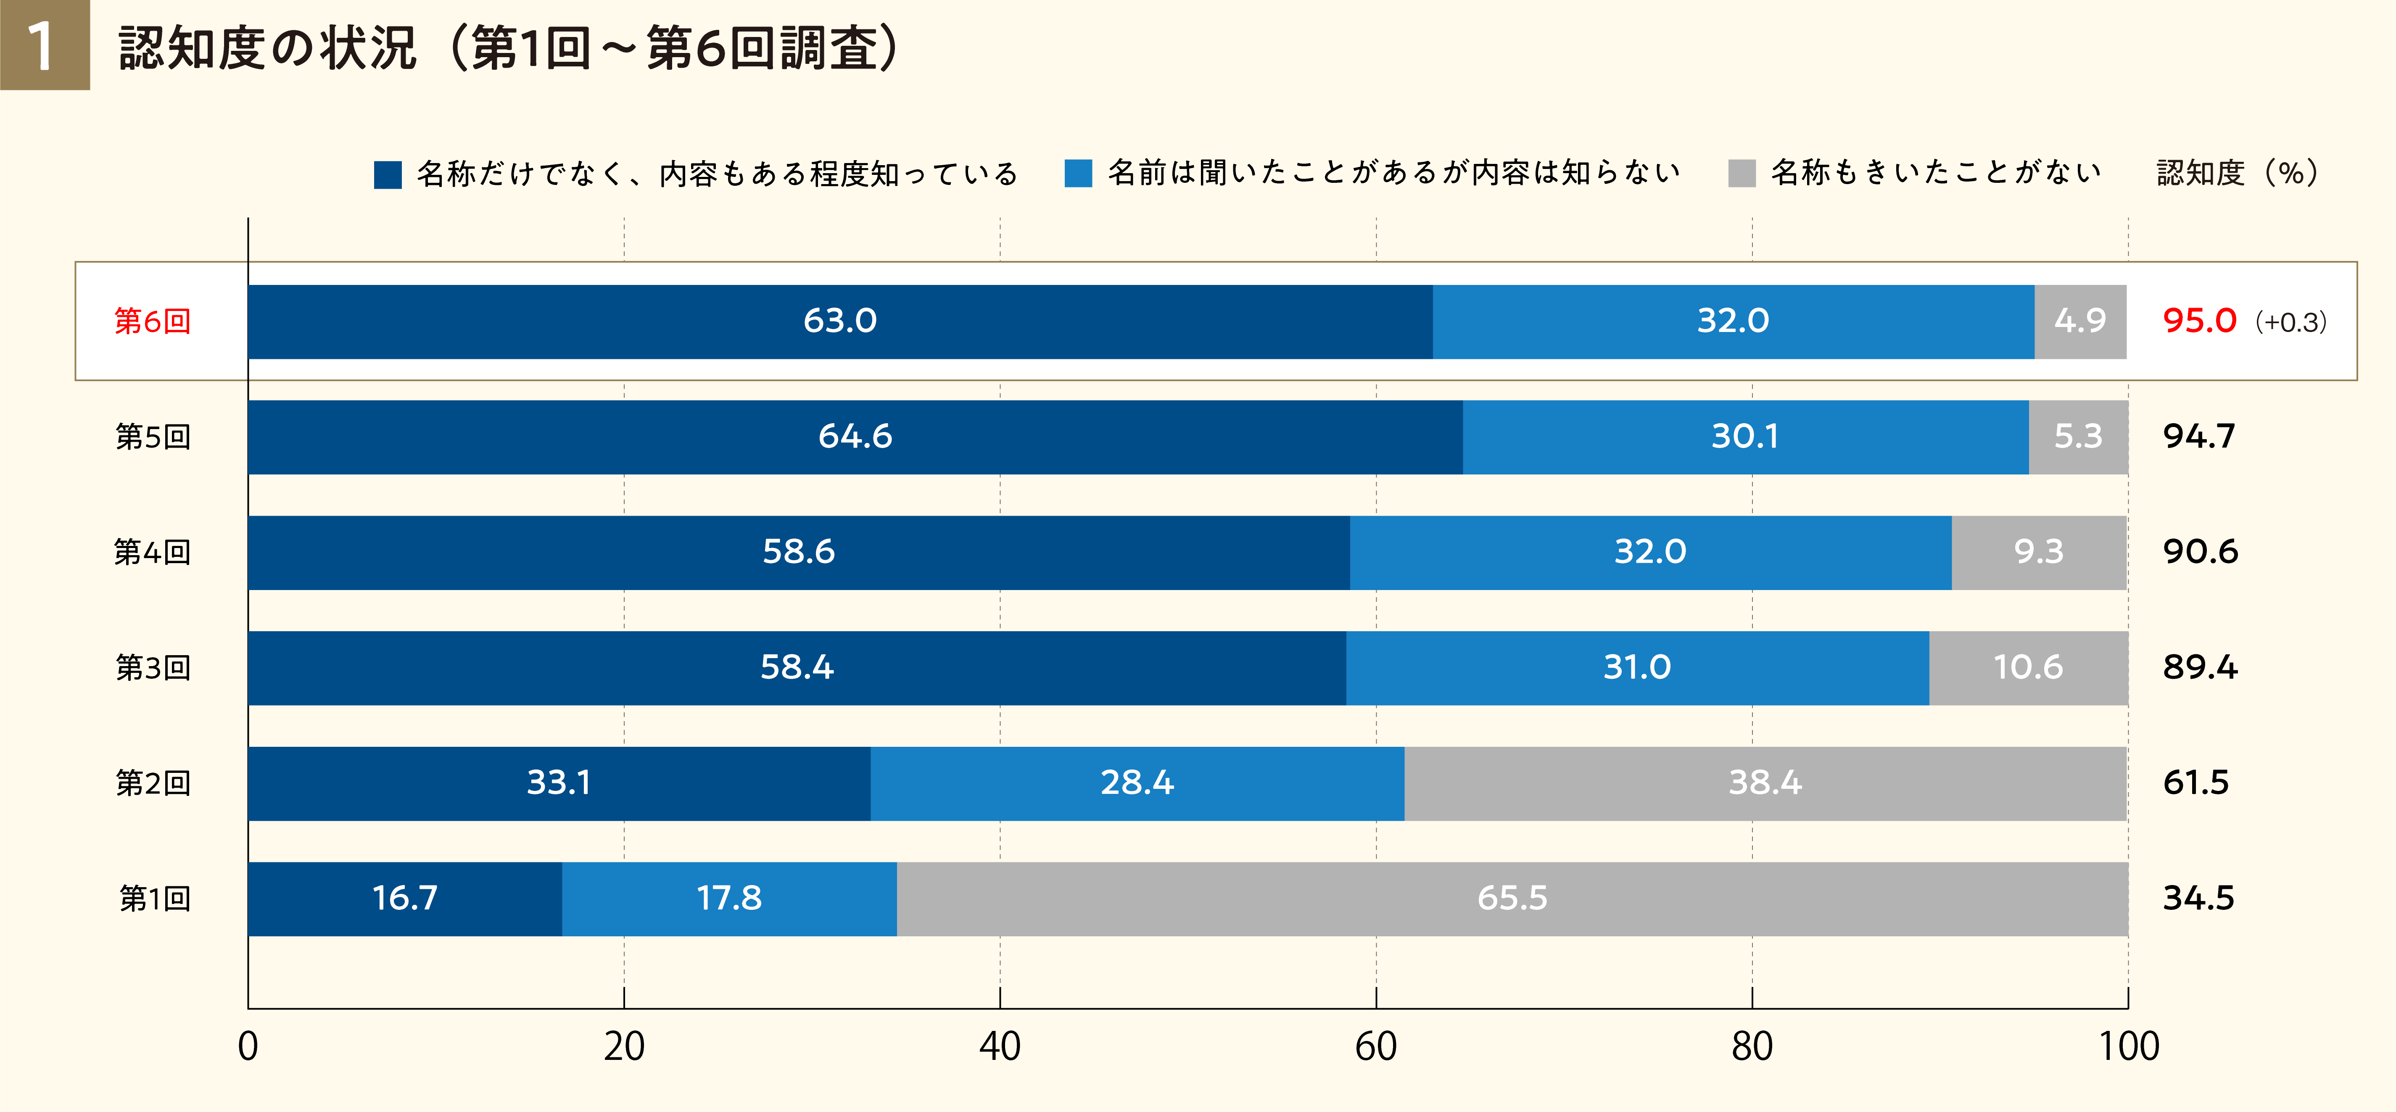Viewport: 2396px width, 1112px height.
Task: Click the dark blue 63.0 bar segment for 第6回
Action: [x=840, y=321]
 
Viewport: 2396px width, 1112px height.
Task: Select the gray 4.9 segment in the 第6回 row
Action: [x=2080, y=321]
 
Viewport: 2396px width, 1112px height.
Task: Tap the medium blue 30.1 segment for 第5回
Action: [x=1745, y=437]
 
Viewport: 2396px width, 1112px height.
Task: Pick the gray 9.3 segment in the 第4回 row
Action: [x=2039, y=552]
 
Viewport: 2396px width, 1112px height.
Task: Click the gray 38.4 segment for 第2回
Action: [x=1765, y=783]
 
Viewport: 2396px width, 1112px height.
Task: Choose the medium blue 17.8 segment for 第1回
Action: [x=729, y=898]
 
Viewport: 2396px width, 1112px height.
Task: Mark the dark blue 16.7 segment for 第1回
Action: [x=405, y=898]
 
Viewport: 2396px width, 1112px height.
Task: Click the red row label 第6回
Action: [x=153, y=321]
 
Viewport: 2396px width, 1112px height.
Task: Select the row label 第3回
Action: [x=153, y=667]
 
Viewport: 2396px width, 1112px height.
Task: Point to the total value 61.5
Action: [x=2195, y=783]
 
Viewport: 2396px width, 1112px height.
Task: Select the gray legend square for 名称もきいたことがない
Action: [x=1741, y=174]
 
